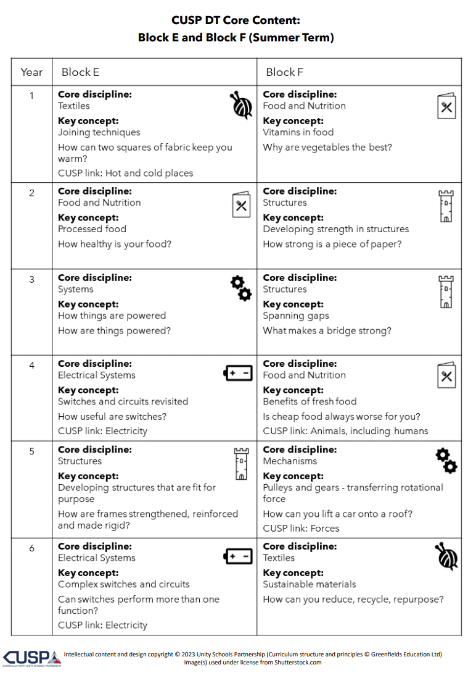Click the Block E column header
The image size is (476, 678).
pos(80,72)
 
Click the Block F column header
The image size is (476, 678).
pos(284,72)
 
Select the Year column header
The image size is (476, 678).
pos(31,72)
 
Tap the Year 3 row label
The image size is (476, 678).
pos(32,279)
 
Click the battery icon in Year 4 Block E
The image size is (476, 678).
pos(238,373)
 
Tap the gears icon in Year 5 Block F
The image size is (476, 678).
pos(446,461)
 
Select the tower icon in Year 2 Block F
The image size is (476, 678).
pos(446,206)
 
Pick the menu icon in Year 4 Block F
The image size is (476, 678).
pos(446,375)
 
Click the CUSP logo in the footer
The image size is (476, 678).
pos(31,658)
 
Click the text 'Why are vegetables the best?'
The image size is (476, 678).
pos(327,148)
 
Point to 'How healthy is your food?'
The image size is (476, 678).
pos(115,244)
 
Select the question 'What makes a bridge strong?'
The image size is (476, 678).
pos(327,330)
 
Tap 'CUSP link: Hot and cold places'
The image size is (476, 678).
pos(125,174)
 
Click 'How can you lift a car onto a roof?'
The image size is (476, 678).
pos(337,514)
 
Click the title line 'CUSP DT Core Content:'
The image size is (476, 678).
pos(236,21)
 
